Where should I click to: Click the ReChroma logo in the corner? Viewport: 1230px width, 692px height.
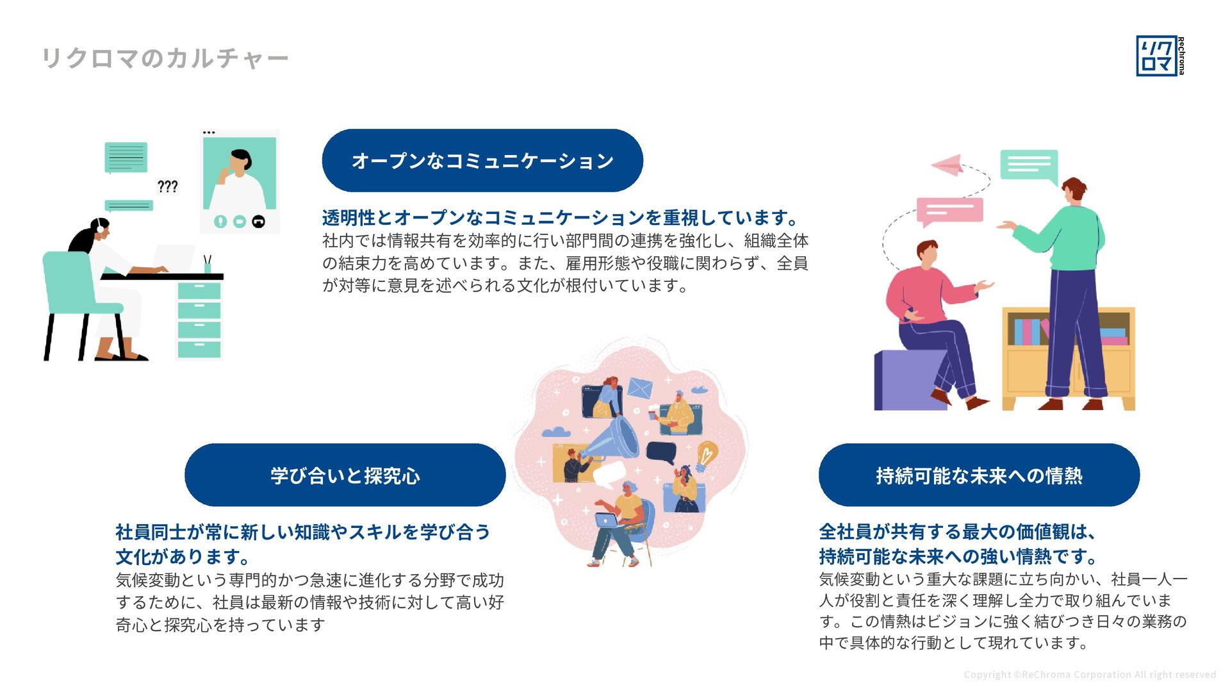[1160, 56]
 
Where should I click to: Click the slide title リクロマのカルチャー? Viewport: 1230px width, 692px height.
[165, 58]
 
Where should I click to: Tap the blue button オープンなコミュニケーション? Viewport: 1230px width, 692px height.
[482, 160]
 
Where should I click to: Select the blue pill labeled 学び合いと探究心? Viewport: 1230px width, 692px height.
[345, 475]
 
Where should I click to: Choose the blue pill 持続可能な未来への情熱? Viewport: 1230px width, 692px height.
[979, 475]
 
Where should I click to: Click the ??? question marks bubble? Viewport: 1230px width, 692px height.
[168, 186]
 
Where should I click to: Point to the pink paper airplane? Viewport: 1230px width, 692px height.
[948, 165]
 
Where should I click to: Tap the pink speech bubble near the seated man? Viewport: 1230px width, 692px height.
[949, 211]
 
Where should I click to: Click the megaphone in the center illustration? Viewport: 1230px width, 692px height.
[612, 439]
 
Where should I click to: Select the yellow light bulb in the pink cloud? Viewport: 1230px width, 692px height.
[706, 454]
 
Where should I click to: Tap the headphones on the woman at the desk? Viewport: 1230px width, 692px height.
[101, 226]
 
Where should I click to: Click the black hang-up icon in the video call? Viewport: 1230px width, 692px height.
[259, 221]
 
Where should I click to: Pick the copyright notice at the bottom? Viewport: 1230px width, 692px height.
[1090, 675]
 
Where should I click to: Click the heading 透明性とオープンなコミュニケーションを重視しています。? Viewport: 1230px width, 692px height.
[561, 218]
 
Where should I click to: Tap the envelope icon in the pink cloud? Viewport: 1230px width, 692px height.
[640, 388]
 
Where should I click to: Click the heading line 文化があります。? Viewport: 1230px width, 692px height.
[183, 556]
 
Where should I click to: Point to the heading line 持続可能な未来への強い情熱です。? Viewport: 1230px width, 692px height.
[958, 556]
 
